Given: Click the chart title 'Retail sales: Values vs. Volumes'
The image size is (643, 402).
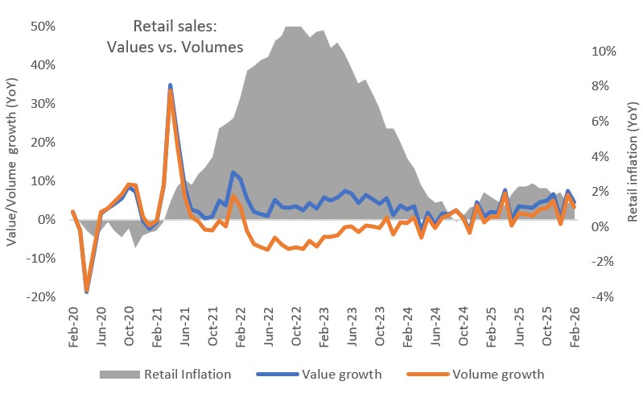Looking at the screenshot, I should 175,36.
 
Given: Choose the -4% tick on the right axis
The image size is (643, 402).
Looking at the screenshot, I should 604,297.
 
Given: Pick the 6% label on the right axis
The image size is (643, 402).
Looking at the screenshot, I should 607,121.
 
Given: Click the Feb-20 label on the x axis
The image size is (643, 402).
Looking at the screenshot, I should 73,329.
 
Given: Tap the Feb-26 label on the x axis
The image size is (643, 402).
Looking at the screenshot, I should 576,329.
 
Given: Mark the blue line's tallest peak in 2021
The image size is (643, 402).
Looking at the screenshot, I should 171,85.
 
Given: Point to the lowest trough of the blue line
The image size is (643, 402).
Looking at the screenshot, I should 87,292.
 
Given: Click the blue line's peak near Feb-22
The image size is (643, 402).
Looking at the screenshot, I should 233,172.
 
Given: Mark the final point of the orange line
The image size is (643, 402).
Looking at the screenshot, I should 575,207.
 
